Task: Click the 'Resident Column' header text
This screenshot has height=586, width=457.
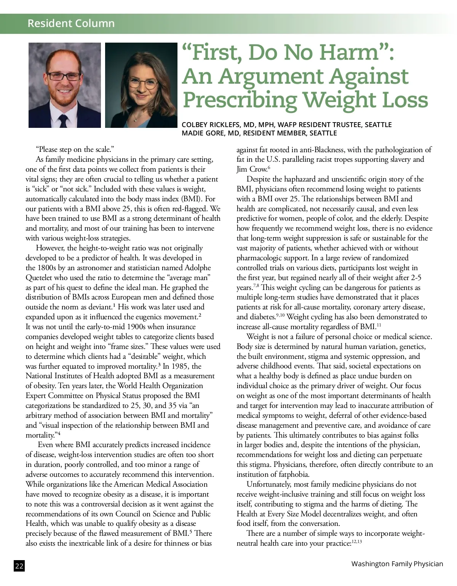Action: tap(71, 23)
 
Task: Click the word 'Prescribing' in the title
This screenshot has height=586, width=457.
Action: tap(240, 100)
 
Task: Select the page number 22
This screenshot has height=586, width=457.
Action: tap(19, 566)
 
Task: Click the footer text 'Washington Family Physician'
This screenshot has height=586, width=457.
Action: tap(397, 564)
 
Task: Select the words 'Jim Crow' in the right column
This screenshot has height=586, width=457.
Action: tap(251, 169)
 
